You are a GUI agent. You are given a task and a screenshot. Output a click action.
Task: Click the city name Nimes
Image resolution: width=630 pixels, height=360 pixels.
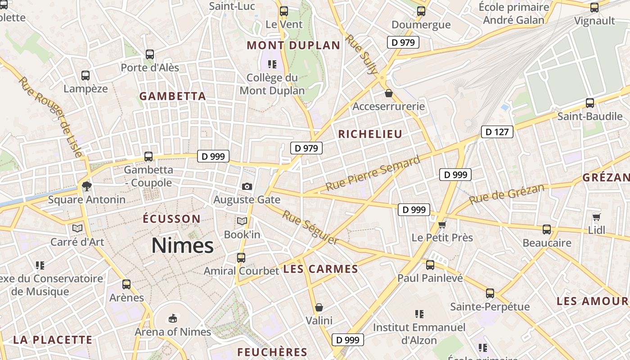[x=182, y=246]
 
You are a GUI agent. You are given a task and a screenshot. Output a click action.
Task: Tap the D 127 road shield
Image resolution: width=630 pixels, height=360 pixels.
[x=497, y=132]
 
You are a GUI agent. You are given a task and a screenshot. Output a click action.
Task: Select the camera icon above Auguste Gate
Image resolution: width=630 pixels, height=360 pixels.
[x=247, y=186]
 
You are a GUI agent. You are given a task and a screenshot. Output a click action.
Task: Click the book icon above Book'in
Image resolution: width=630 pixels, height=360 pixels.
[x=242, y=221]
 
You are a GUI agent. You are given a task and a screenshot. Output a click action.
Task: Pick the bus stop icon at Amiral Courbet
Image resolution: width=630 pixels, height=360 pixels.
[x=241, y=258]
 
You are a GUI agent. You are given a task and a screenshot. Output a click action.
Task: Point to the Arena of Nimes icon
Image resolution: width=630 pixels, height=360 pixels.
[x=172, y=319]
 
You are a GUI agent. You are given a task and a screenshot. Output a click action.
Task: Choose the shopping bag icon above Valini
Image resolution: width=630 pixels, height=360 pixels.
[x=319, y=307]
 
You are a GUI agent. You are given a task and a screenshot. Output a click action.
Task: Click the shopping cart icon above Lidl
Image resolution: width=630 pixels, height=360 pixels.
[x=596, y=217]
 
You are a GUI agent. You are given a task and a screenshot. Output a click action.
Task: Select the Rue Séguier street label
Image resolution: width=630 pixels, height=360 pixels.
[x=310, y=228]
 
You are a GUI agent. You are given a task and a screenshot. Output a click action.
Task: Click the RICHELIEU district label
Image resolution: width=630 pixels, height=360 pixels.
[x=370, y=134]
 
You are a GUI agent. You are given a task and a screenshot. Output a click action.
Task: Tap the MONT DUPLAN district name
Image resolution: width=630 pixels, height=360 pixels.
[x=293, y=45]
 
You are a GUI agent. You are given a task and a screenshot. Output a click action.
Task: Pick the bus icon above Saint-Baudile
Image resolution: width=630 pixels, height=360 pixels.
[x=589, y=103]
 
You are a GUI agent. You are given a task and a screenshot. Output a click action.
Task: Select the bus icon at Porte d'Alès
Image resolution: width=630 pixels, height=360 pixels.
[x=150, y=54]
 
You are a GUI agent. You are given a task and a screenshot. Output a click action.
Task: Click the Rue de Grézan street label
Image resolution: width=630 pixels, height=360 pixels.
[x=506, y=194]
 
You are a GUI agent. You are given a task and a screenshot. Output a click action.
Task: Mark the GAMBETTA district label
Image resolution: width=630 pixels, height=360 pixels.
[x=172, y=96]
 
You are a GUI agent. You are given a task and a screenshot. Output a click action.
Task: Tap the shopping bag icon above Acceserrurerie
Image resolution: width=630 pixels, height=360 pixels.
[x=388, y=94]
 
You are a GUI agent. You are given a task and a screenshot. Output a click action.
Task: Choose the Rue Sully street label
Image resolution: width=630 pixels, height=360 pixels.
[x=361, y=54]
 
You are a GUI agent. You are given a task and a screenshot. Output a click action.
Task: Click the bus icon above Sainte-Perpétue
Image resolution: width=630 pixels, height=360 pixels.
[x=490, y=293]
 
